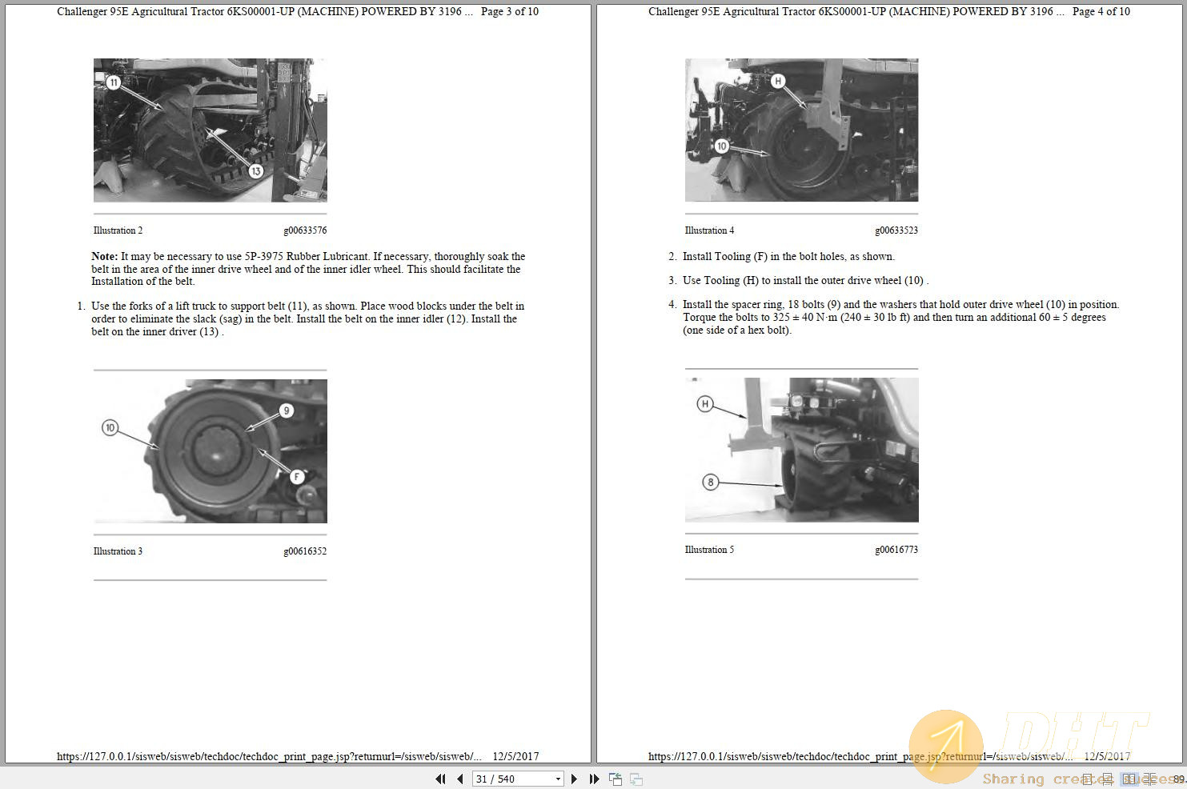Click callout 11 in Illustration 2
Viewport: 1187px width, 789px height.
[114, 82]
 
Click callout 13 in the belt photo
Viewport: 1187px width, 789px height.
[255, 171]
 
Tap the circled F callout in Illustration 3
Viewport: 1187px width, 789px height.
[297, 477]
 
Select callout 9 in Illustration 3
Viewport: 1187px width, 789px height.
[286, 411]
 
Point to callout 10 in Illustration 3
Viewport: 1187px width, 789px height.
[110, 428]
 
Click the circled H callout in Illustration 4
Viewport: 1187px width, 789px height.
[777, 81]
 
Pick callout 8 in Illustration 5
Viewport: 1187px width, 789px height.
[710, 482]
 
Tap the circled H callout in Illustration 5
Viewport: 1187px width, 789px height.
[704, 404]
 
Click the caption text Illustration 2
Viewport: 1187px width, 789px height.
[118, 230]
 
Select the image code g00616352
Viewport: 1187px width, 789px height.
[305, 551]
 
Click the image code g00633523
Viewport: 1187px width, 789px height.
[896, 230]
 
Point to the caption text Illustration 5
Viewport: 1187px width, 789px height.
[709, 550]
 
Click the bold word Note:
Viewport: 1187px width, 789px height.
[104, 257]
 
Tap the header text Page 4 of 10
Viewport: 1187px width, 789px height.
[1101, 12]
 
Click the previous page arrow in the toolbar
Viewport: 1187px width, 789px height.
[460, 779]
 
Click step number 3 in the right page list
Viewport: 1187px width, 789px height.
[672, 281]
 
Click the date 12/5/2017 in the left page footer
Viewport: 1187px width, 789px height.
[515, 756]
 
